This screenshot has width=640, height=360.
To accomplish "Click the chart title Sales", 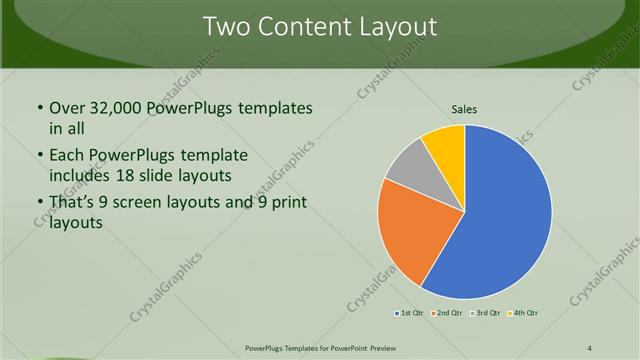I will (465, 108).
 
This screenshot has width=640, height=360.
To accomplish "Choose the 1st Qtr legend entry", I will (408, 313).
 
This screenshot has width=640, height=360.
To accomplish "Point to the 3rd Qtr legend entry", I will (484, 313).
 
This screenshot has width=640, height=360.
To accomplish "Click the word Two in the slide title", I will (226, 27).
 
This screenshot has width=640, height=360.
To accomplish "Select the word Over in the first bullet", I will (67, 108).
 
